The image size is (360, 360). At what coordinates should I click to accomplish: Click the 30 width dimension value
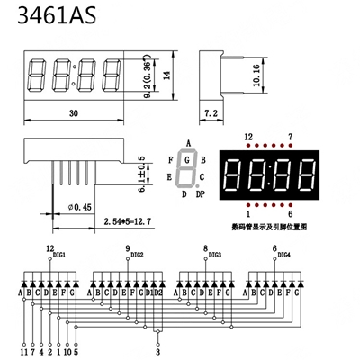(75, 115)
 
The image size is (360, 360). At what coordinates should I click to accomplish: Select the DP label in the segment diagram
(201, 194)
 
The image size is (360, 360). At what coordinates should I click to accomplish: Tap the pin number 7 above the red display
(290, 137)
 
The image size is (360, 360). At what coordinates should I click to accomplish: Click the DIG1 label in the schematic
(59, 256)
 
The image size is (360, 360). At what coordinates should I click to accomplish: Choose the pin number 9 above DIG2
(127, 248)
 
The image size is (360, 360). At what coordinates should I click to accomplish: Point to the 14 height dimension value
(167, 77)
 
